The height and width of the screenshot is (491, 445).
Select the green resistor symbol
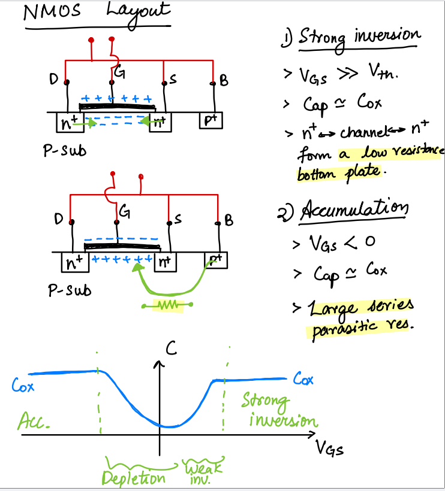[x=167, y=305]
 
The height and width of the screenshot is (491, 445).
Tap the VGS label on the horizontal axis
[x=329, y=449]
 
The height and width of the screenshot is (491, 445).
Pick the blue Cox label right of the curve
[x=303, y=379]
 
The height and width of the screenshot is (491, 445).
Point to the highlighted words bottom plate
[x=339, y=172]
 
